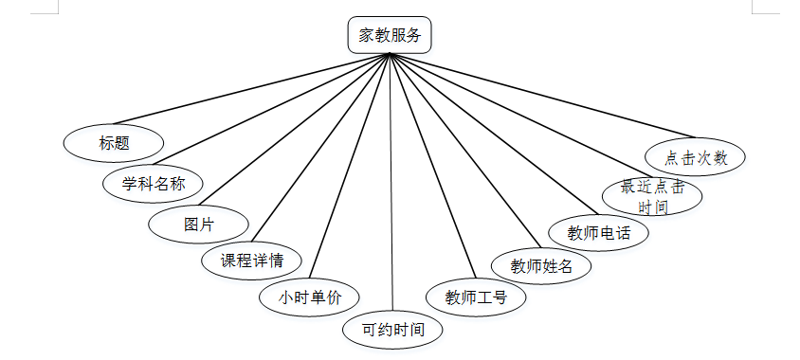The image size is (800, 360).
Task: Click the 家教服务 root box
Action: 390,37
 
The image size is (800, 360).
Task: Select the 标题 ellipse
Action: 113,144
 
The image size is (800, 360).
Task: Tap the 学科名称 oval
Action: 153,184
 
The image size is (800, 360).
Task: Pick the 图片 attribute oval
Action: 199,225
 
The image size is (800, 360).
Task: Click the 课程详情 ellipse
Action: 253,260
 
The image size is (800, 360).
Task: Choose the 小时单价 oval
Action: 309,297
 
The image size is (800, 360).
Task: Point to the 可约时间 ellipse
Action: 391,331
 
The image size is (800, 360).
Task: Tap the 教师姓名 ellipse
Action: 541,266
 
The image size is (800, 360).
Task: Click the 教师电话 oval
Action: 599,232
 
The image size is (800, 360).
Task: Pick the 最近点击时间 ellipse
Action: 652,196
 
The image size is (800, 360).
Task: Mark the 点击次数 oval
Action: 696,157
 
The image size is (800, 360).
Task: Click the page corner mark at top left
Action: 54,7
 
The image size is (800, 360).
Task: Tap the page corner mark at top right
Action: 756,7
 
